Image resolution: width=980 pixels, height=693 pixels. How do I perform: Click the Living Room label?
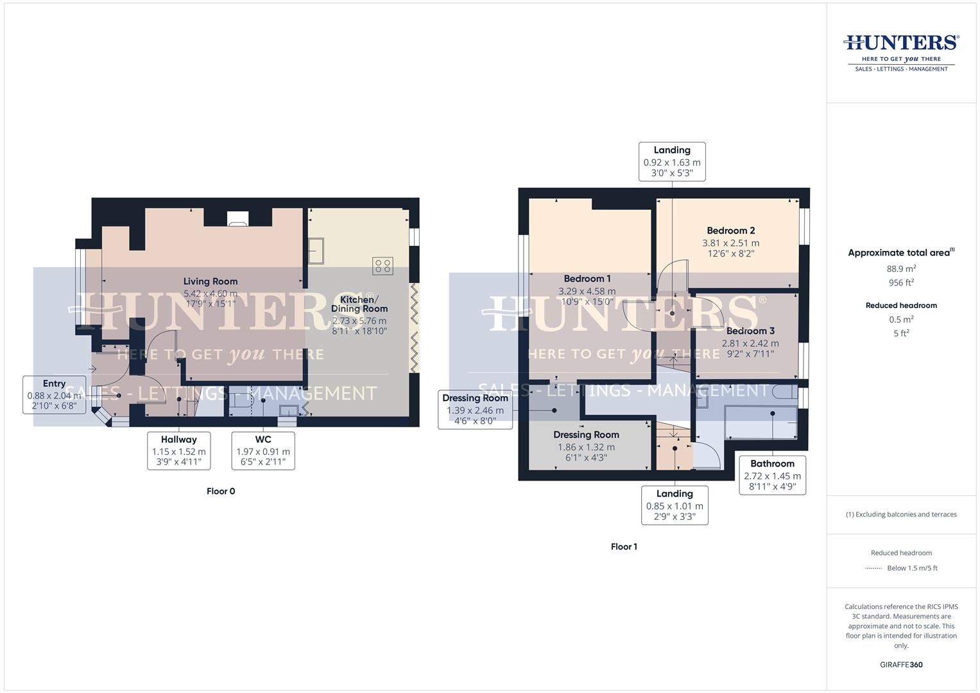pos(211,281)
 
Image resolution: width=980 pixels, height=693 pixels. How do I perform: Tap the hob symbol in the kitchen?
pos(383,266)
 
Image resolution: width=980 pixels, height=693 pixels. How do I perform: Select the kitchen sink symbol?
pos(317,251)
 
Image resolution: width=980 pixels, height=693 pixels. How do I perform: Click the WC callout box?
pos(263,450)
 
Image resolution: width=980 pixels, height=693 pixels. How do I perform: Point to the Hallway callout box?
pos(178,450)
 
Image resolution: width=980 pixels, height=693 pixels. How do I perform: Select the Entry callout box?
pos(55,395)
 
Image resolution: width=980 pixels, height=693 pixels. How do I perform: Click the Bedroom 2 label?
pos(730,230)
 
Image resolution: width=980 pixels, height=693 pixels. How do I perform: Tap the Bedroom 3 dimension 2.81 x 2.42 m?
pos(750,343)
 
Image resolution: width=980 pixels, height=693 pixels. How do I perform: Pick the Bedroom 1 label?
pos(587,278)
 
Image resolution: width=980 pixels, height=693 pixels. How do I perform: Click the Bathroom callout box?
pos(772,475)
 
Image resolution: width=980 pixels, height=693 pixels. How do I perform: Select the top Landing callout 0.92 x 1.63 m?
pos(672,162)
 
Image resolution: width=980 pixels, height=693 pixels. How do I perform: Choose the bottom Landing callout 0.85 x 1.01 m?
pos(675,505)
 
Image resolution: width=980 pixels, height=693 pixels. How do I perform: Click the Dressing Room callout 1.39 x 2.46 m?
pos(475,409)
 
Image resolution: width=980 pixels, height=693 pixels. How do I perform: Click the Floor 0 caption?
pos(221,491)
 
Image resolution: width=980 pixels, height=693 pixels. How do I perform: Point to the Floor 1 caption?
pos(624,547)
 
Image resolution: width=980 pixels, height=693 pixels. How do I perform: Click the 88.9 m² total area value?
pos(901,269)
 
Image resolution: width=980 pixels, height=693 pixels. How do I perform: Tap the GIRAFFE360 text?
pos(901,664)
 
